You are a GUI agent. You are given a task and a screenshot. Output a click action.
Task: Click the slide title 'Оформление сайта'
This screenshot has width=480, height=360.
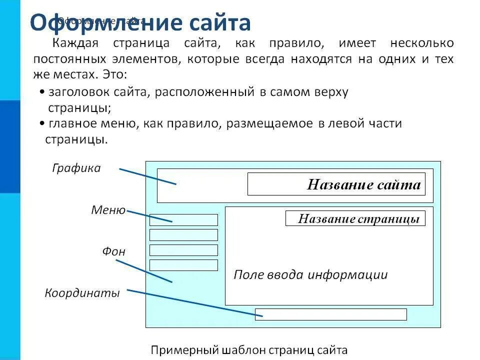(140, 22)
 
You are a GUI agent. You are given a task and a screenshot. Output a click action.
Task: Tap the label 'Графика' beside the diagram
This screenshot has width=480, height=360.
(76, 168)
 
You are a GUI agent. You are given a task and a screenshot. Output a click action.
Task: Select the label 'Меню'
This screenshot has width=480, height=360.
(108, 210)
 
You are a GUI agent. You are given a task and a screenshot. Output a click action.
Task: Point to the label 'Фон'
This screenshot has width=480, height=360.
(114, 251)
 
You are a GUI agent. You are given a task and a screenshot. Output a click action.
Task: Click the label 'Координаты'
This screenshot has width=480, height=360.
(82, 293)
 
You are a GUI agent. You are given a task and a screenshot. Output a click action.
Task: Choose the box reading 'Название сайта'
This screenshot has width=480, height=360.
(336, 184)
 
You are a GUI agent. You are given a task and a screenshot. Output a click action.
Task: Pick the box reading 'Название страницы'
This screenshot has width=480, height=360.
(355, 218)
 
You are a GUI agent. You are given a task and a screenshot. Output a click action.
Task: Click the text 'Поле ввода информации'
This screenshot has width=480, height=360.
(310, 275)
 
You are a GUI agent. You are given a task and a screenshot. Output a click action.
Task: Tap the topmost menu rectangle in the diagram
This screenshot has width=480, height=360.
(183, 220)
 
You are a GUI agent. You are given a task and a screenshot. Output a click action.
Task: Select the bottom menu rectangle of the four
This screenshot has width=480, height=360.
(183, 265)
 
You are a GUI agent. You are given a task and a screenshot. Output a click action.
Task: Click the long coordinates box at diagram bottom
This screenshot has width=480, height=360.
(330, 314)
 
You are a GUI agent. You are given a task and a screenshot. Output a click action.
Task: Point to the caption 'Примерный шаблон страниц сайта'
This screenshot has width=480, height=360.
(248, 350)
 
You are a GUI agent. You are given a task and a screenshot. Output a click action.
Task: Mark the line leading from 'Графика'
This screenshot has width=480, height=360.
(147, 176)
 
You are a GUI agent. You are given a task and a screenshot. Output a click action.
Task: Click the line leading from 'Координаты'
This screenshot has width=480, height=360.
(190, 302)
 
